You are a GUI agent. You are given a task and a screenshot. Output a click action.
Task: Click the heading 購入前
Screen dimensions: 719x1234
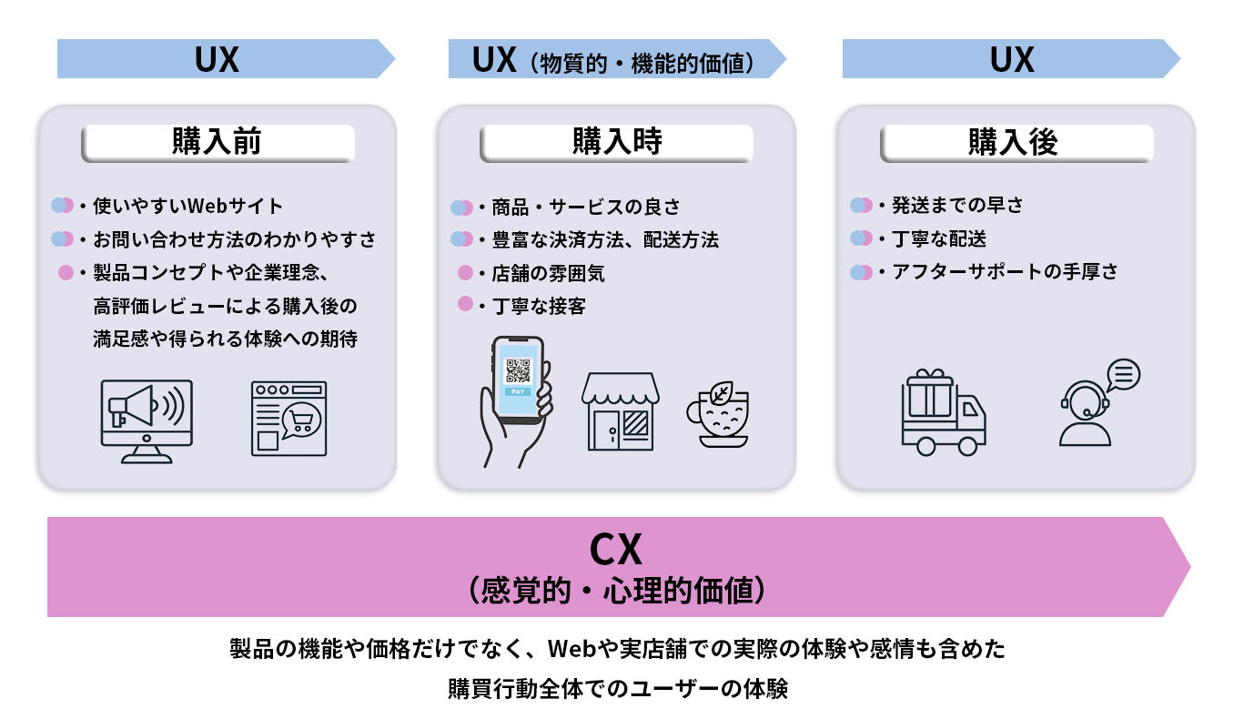click(217, 143)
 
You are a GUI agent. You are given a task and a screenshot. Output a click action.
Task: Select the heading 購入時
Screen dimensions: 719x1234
click(616, 143)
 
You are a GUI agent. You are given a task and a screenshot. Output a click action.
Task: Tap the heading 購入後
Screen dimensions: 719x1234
click(1014, 143)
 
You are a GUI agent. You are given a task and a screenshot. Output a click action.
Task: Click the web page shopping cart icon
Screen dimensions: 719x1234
click(288, 419)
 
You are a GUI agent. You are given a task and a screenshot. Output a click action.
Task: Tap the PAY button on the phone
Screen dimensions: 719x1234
click(517, 391)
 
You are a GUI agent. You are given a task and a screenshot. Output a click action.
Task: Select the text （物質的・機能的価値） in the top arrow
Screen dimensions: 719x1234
click(647, 64)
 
